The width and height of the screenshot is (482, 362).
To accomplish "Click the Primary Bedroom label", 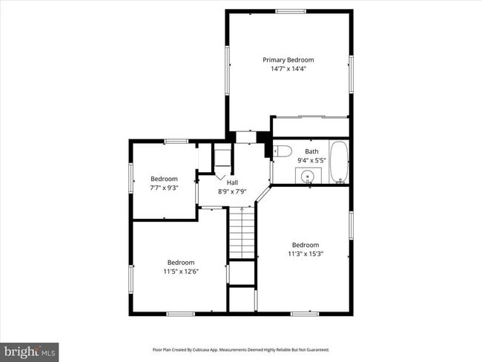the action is click(288, 60).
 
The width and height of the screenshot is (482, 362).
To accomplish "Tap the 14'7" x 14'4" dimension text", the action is click(288, 68).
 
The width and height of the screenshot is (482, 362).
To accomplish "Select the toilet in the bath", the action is click(283, 151).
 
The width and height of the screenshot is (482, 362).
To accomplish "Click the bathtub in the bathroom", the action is click(339, 162).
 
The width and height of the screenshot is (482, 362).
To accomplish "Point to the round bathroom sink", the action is click(307, 177).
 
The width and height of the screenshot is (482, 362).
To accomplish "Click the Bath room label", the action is click(311, 151).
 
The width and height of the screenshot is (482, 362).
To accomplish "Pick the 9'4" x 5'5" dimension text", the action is click(311, 160).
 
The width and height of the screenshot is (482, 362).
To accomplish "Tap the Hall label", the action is click(232, 182).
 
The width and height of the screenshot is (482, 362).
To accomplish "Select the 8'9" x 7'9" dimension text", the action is click(232, 191).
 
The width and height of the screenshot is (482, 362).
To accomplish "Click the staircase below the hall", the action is click(242, 233).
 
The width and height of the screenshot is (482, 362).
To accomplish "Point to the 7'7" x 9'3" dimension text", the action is click(164, 188).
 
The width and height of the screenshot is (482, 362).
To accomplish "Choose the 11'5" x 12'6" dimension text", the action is click(181, 271).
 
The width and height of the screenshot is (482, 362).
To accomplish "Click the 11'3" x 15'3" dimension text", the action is click(306, 254).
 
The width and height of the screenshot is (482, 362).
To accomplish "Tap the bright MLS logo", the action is click(29, 352).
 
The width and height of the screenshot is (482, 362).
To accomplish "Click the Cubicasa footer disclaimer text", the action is click(241, 349).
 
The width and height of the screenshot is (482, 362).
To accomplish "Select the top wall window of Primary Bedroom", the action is click(291, 12).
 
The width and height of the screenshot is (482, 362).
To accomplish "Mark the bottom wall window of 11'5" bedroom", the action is click(180, 314).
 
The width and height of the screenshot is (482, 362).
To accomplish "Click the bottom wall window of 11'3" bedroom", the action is click(305, 314).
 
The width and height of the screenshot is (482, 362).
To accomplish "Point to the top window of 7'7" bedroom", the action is click(176, 141).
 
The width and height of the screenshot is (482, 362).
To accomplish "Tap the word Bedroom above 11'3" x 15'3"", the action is click(306, 245).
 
